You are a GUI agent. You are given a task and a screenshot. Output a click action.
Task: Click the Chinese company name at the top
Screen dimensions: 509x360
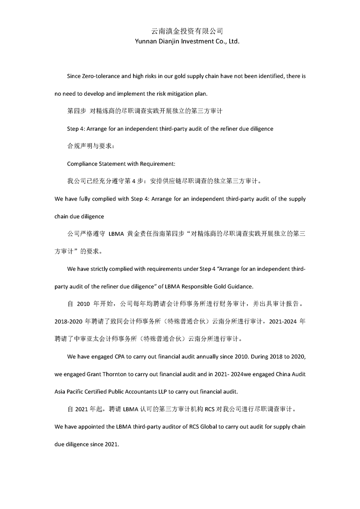(x=187, y=31)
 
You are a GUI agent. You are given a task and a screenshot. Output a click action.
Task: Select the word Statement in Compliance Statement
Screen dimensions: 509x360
(x=113, y=163)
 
